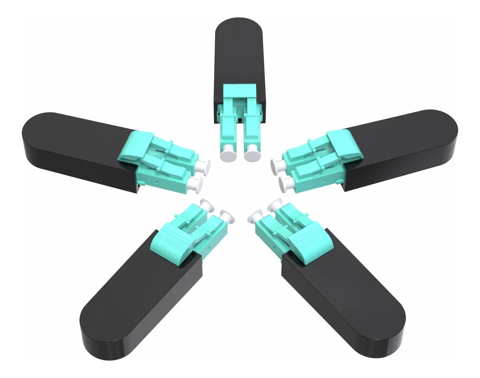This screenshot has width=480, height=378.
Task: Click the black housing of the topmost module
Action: [x=238, y=60]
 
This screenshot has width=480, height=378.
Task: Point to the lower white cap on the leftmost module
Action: [x=196, y=184]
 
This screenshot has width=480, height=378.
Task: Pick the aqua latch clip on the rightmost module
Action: [x=344, y=144]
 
